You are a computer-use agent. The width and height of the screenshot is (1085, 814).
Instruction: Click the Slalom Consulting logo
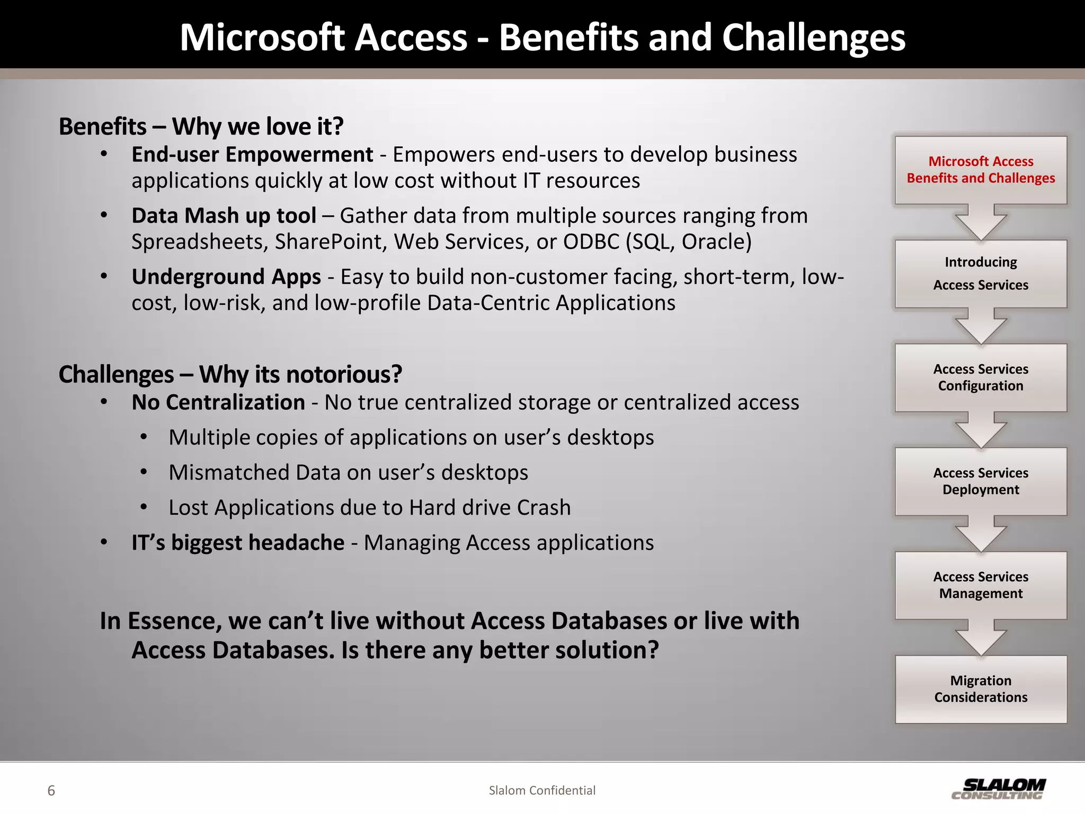(998, 789)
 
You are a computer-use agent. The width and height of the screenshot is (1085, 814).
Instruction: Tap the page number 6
(51, 791)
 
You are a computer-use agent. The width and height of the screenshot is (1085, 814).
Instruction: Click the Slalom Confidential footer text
(542, 790)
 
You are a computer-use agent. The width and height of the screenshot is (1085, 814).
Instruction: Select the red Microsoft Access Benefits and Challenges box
(981, 170)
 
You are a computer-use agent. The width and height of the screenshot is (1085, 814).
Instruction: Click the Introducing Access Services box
(981, 273)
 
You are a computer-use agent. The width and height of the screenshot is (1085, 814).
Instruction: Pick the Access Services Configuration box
(981, 377)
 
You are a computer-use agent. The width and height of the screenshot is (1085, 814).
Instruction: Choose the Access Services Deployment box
(981, 481)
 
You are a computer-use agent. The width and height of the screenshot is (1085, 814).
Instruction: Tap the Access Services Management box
(981, 585)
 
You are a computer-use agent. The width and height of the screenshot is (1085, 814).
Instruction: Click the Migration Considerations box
(981, 689)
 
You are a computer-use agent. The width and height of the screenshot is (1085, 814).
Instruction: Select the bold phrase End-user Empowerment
(252, 155)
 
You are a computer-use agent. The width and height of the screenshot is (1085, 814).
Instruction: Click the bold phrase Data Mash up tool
(224, 216)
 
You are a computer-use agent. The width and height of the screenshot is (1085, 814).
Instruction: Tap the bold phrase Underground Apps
(226, 277)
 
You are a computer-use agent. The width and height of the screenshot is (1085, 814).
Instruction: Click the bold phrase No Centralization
(218, 403)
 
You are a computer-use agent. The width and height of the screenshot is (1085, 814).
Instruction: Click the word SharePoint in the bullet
(330, 242)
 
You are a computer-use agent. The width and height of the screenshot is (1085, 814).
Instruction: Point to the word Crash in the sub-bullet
(544, 508)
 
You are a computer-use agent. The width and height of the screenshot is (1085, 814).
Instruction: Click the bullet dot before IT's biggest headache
(104, 542)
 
